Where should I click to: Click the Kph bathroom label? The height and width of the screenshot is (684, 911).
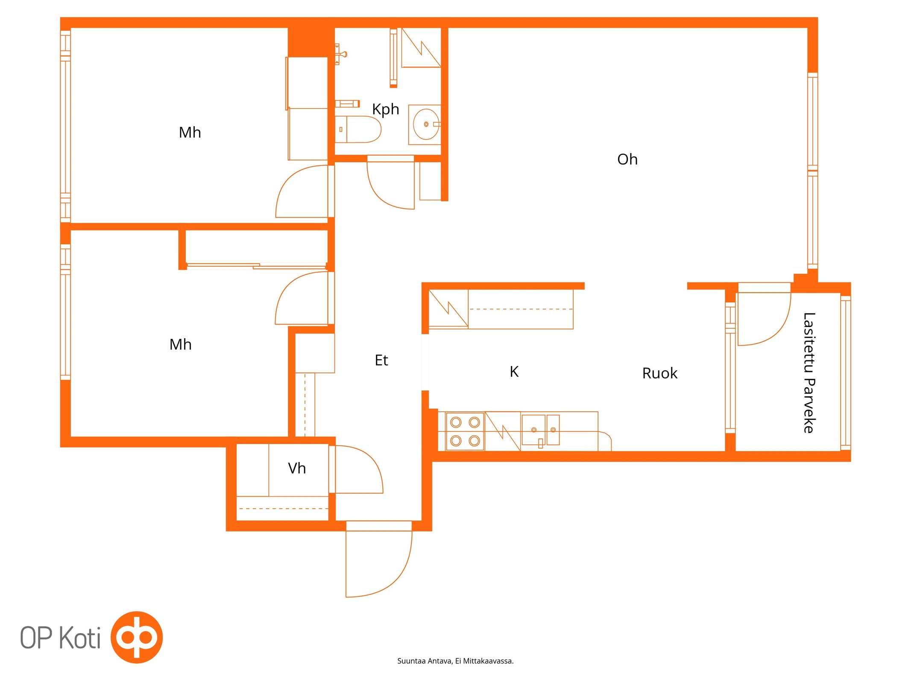(x=385, y=109)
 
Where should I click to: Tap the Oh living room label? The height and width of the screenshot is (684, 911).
(x=627, y=159)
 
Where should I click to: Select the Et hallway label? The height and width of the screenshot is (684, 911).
(x=381, y=360)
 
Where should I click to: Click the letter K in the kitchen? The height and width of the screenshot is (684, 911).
(x=514, y=371)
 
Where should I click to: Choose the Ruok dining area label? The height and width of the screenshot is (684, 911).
(x=659, y=373)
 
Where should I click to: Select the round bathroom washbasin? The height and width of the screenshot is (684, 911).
(x=426, y=124)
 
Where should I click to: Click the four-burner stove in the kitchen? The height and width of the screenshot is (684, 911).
(x=465, y=431)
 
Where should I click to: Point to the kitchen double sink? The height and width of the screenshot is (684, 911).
(x=540, y=430)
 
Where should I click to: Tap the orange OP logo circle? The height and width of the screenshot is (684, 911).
(x=137, y=637)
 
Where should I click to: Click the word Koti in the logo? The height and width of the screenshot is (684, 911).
(x=79, y=637)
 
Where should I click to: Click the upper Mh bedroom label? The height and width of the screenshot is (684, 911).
(x=190, y=132)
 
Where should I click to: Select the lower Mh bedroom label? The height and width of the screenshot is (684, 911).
(x=180, y=344)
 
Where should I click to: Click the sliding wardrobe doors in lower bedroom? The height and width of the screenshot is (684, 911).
(x=257, y=266)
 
